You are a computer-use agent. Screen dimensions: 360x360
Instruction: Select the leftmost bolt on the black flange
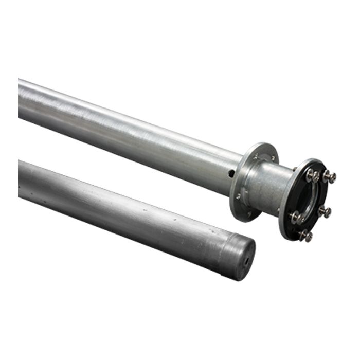(x=296, y=218)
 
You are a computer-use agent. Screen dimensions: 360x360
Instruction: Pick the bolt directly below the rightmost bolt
(x=325, y=211)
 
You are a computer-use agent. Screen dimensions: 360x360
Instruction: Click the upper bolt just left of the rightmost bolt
(x=312, y=176)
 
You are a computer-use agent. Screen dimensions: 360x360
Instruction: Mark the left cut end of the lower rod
(x=20, y=179)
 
